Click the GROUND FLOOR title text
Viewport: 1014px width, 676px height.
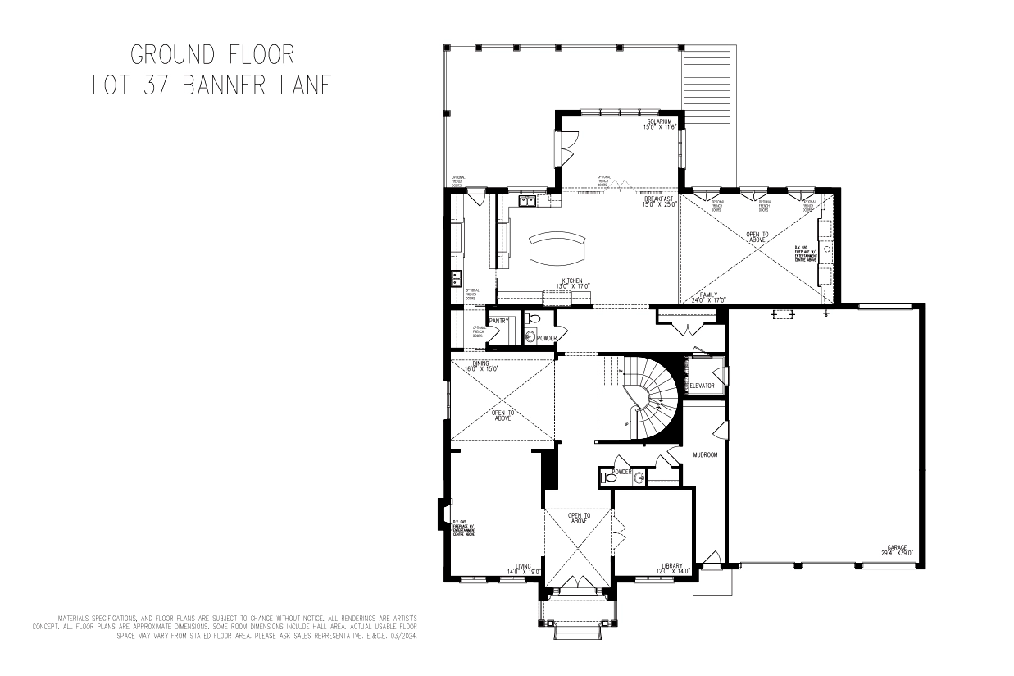coord(212,55)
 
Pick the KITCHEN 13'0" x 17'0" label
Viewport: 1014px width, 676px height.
coord(572,283)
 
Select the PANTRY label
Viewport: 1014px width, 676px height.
coord(499,321)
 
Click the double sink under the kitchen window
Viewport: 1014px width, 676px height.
coord(526,199)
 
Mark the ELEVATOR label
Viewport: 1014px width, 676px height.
coord(702,385)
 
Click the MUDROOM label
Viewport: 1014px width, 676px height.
coord(705,454)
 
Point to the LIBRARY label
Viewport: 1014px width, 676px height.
coord(674,567)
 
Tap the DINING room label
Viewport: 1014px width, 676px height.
coord(480,365)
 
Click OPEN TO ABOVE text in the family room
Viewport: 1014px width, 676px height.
coord(758,237)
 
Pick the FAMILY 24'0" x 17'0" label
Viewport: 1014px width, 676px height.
coord(708,297)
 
